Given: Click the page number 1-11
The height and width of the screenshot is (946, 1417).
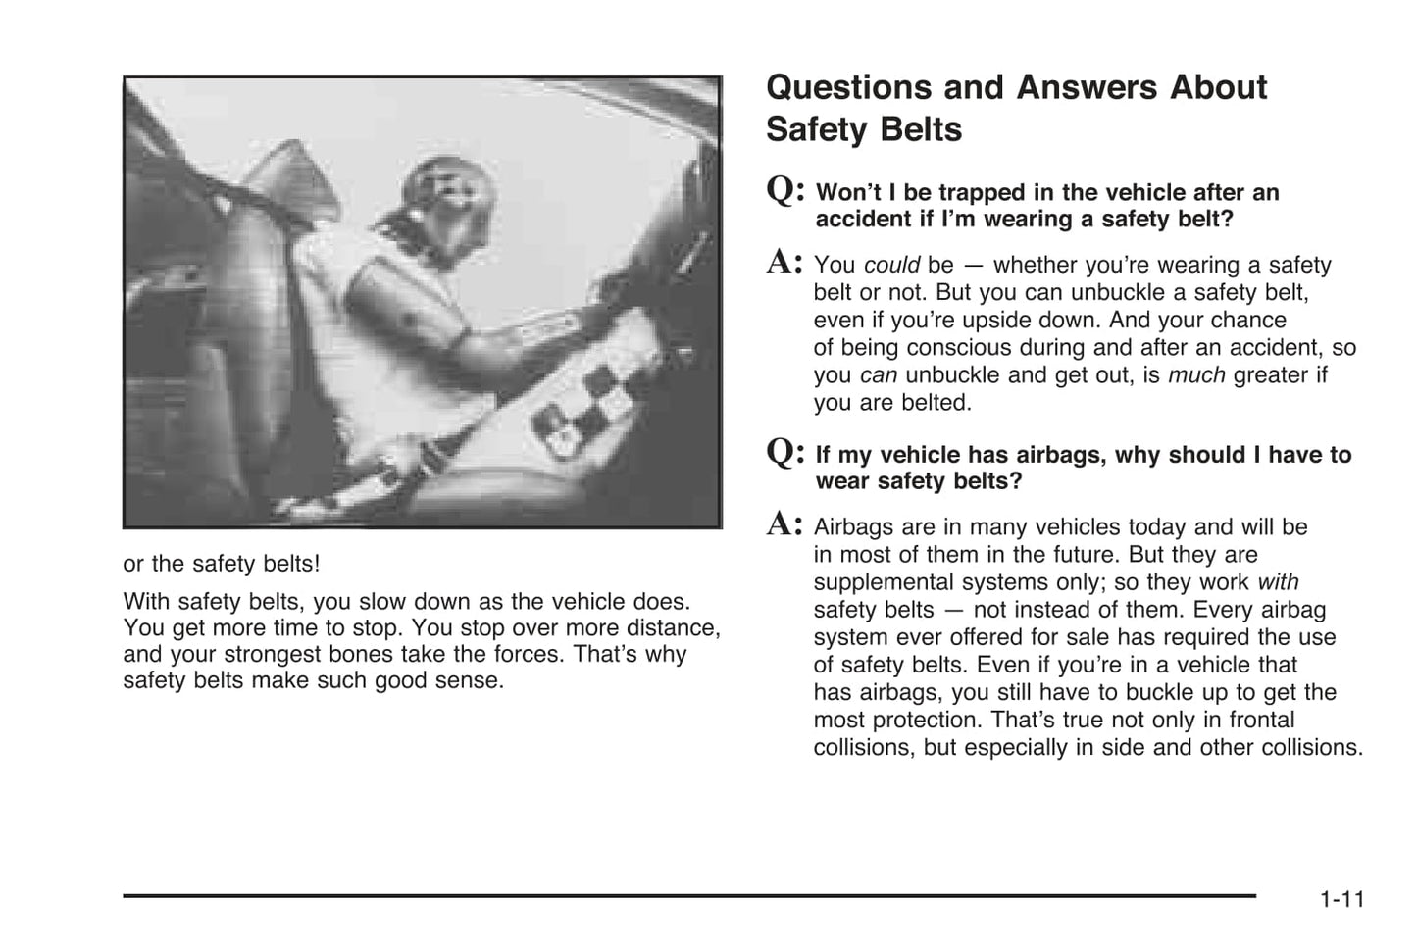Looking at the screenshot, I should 1341,899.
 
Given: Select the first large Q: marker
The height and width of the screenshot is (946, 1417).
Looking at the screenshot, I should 785,190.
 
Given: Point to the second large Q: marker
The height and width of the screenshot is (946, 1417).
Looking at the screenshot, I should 785,452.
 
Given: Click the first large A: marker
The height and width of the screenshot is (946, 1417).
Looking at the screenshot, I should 784,263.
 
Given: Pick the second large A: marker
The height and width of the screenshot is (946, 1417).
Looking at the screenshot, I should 784,524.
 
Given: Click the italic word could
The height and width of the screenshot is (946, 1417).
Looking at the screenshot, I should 891,266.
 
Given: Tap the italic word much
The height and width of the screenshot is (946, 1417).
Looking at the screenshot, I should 1196,375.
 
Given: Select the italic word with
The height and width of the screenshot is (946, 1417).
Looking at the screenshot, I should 1278,582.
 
